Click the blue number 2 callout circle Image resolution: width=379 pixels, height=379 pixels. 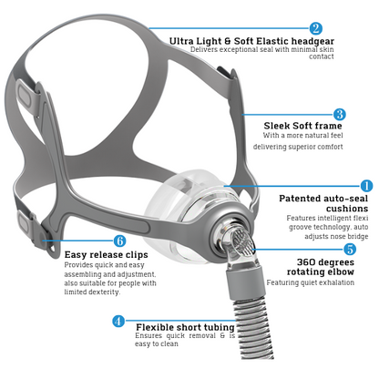(x=316, y=28)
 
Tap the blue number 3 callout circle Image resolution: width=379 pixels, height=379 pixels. (x=340, y=115)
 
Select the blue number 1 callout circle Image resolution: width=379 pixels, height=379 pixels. (x=366, y=186)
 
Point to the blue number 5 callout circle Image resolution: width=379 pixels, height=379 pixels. (x=350, y=249)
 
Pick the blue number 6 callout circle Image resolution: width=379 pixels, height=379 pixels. (x=119, y=241)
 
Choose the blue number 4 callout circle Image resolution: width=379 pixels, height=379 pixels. (x=118, y=321)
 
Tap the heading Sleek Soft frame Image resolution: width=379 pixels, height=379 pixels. (x=302, y=126)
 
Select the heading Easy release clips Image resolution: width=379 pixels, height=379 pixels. (x=107, y=254)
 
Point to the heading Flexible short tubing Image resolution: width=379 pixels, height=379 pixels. (x=185, y=327)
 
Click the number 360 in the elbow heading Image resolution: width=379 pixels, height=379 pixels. (x=305, y=261)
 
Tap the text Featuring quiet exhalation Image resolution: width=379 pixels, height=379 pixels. (x=311, y=282)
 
